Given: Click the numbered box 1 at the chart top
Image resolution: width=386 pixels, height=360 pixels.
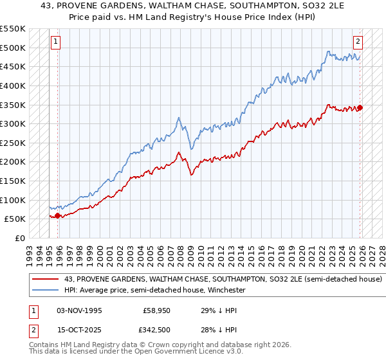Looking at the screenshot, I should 55,42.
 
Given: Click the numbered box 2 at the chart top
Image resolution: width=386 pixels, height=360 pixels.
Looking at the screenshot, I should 358,42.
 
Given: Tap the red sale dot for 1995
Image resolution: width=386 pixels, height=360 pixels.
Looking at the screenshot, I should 58,215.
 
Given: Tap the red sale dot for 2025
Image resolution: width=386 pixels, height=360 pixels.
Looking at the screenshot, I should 360,107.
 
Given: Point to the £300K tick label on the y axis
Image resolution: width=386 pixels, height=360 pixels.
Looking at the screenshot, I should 13,123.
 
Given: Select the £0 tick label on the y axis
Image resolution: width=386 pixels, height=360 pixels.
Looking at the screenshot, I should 19,238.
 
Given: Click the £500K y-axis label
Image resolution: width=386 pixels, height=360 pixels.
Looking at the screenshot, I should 13,48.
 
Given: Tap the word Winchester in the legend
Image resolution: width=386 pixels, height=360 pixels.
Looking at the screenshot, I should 224,291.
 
